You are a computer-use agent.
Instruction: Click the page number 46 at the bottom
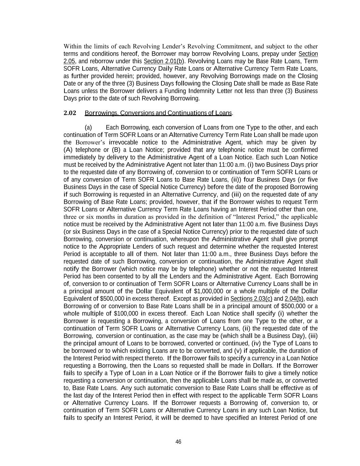pyautogui.click(x=178, y=442)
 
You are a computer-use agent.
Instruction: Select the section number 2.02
pyautogui.click(x=70, y=113)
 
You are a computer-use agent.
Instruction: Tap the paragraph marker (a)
pyautogui.click(x=88, y=128)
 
